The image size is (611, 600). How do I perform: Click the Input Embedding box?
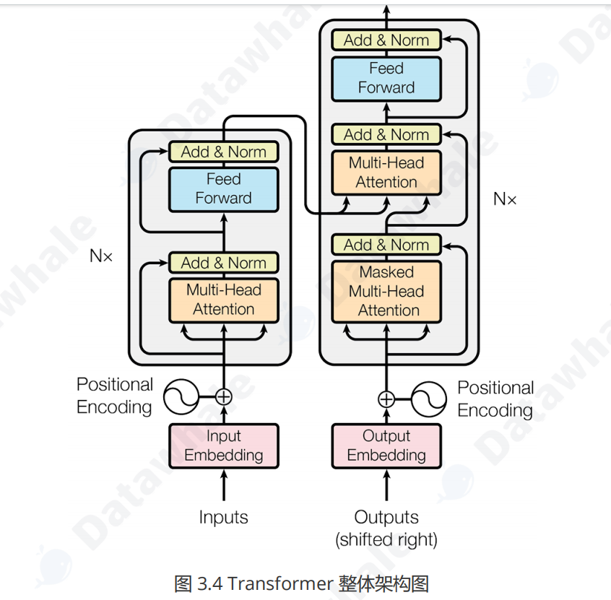223,445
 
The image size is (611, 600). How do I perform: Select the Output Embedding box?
386,445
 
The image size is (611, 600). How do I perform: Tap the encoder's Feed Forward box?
223,189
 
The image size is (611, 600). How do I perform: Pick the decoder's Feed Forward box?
386,78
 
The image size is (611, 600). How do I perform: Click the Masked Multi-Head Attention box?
386,291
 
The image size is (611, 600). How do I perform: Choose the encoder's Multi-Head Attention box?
223,300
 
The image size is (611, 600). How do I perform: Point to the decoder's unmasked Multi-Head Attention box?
386,173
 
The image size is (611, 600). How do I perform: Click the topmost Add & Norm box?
386,40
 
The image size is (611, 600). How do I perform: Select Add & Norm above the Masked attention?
386,245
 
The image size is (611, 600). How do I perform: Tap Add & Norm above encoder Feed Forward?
223,152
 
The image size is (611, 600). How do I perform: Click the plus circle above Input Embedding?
224,396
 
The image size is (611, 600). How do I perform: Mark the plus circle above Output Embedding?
386,399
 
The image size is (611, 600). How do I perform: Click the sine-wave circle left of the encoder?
181,396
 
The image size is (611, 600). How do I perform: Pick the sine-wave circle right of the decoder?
430,399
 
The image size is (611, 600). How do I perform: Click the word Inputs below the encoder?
223,517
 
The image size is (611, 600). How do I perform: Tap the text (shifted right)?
386,539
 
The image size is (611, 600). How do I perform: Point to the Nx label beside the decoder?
505,199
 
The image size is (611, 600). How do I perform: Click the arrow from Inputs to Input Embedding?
224,484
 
